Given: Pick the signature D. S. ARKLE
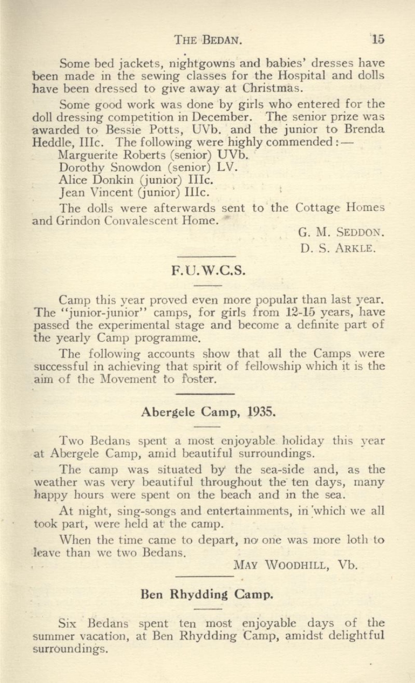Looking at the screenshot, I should pyautogui.click(x=337, y=250).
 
